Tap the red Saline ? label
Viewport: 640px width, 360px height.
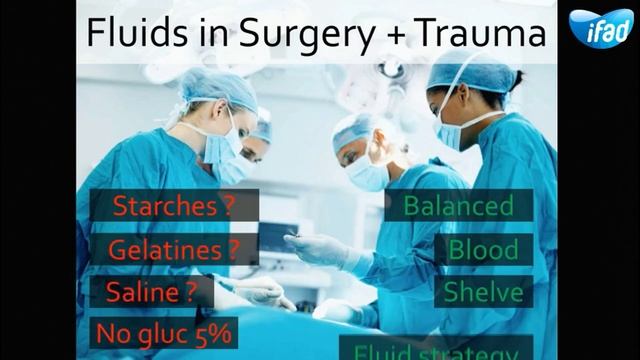click(x=152, y=291)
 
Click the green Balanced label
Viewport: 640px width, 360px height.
click(x=458, y=207)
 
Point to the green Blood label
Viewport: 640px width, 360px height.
click(x=483, y=249)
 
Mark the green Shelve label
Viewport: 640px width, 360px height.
click(x=483, y=291)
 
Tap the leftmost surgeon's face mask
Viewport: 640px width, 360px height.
click(x=222, y=150)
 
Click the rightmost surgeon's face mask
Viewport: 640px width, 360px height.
click(x=451, y=130)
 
